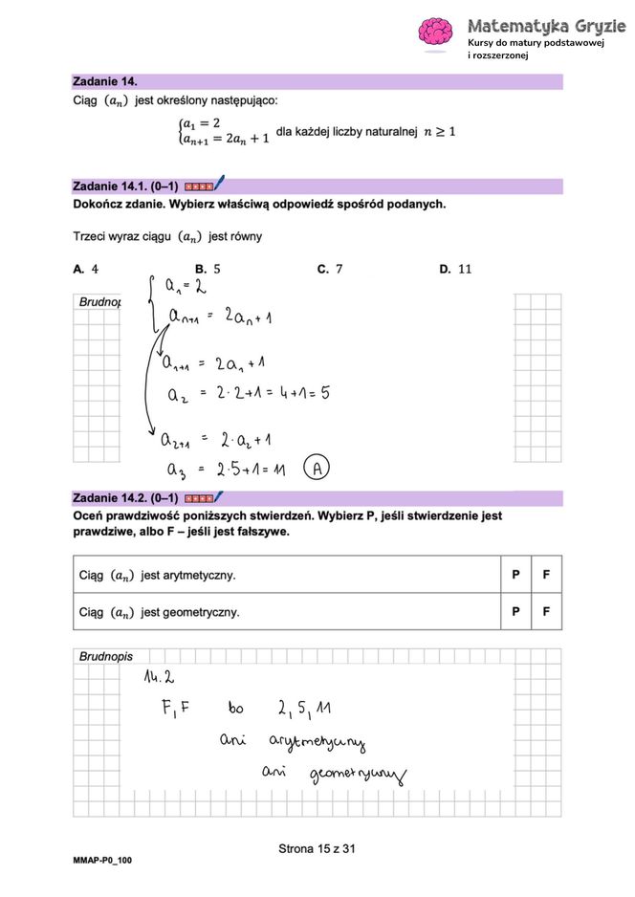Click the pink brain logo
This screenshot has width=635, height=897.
pyautogui.click(x=436, y=31)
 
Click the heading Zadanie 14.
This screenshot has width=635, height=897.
pyautogui.click(x=105, y=82)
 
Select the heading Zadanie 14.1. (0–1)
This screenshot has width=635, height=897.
pyautogui.click(x=125, y=186)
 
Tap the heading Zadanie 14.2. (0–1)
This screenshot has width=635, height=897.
pyautogui.click(x=125, y=498)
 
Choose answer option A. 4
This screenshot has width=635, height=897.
pyautogui.click(x=86, y=270)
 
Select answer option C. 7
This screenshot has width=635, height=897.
pyautogui.click(x=330, y=270)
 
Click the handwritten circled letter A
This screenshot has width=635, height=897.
pyautogui.click(x=317, y=469)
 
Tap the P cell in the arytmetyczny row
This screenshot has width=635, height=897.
pyautogui.click(x=515, y=575)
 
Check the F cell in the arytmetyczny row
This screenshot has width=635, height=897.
pyautogui.click(x=546, y=575)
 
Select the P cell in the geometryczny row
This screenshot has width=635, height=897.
pyautogui.click(x=515, y=611)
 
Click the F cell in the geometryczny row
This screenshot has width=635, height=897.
pyautogui.click(x=546, y=611)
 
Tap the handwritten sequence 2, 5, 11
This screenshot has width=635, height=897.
pyautogui.click(x=304, y=710)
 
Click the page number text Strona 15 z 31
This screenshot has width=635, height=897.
pyautogui.click(x=317, y=847)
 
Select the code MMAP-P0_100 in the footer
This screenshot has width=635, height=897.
pyautogui.click(x=102, y=861)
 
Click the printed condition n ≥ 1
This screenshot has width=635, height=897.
pyautogui.click(x=439, y=131)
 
